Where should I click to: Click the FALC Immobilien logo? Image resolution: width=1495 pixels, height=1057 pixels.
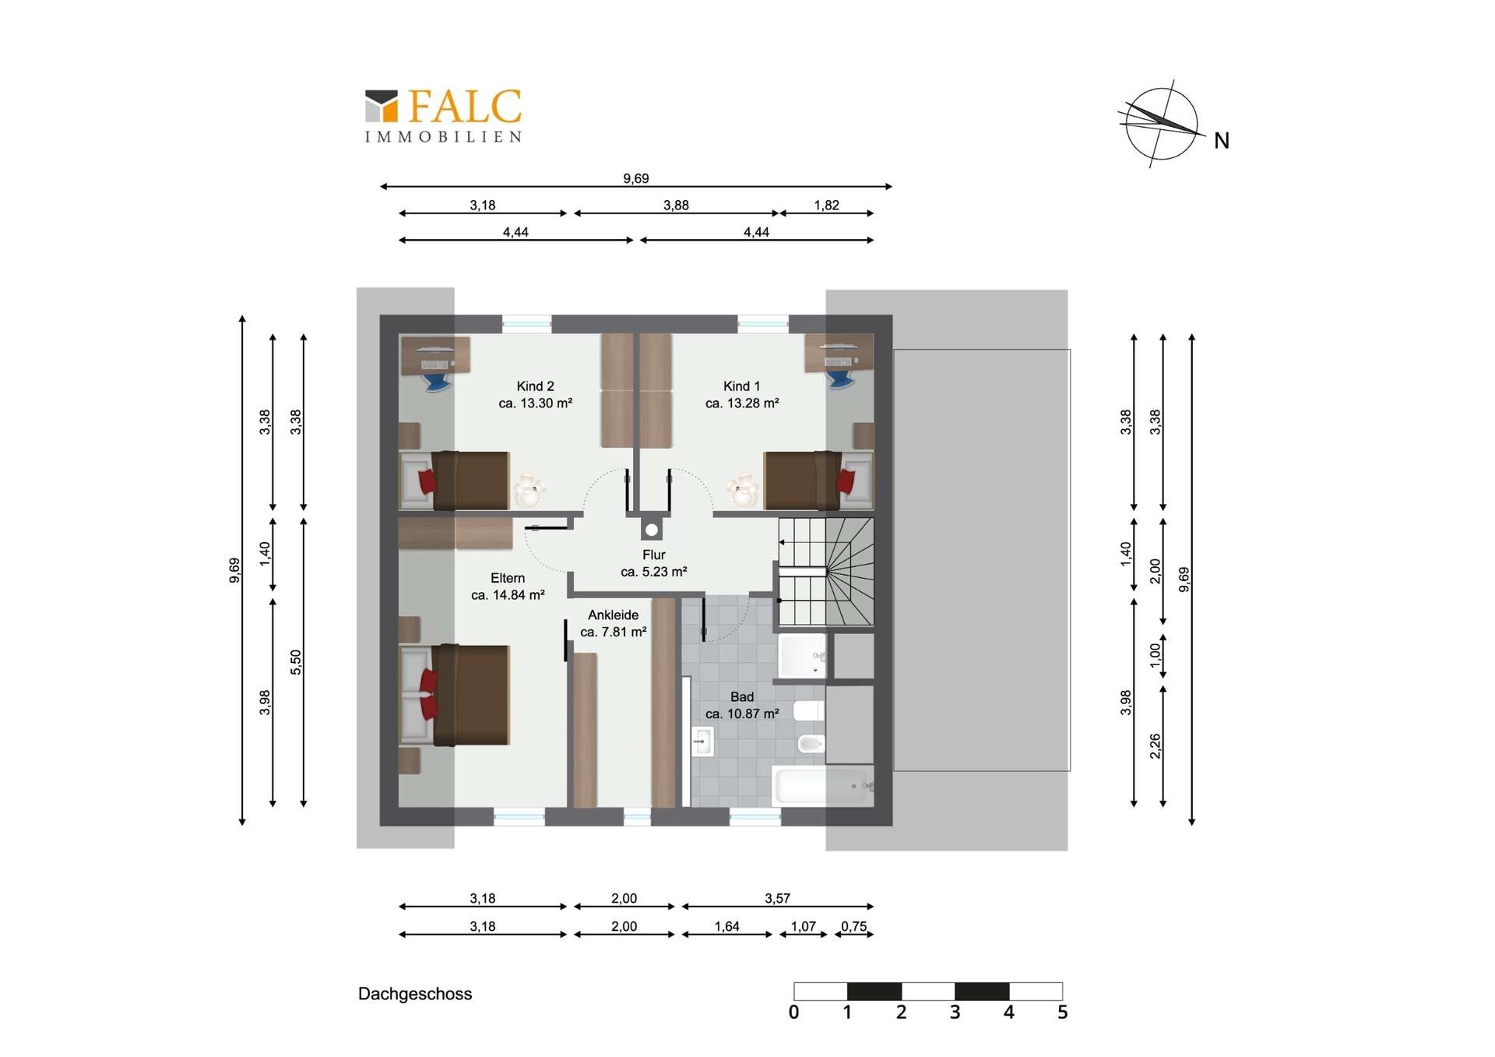click(443, 115)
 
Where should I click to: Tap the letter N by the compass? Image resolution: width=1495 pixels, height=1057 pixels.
click(1221, 141)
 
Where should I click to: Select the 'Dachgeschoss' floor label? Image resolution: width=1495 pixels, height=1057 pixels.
click(415, 994)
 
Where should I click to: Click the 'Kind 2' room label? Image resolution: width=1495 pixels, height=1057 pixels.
click(535, 386)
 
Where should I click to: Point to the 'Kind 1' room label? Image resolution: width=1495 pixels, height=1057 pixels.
click(741, 386)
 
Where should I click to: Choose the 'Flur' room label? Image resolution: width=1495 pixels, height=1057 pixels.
click(654, 555)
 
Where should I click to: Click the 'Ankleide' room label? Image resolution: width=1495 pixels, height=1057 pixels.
click(613, 615)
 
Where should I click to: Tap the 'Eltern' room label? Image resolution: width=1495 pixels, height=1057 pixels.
click(508, 578)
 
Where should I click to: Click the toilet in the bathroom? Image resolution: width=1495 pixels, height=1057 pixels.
click(809, 710)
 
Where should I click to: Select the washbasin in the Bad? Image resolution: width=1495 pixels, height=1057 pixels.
click(702, 742)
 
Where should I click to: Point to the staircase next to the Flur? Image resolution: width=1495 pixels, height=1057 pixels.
click(826, 572)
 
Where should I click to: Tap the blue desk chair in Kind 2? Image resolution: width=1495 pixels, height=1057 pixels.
click(437, 382)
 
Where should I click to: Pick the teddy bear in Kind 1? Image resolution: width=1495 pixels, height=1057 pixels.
click(742, 490)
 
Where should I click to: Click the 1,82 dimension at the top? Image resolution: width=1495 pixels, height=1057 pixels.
click(826, 205)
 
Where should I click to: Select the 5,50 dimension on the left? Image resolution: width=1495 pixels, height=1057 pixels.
click(295, 662)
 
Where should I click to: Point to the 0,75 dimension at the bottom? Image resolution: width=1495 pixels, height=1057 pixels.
click(854, 926)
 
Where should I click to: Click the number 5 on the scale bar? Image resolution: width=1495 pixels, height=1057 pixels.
click(1062, 1013)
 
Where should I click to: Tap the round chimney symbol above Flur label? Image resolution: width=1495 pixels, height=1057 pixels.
click(652, 530)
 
